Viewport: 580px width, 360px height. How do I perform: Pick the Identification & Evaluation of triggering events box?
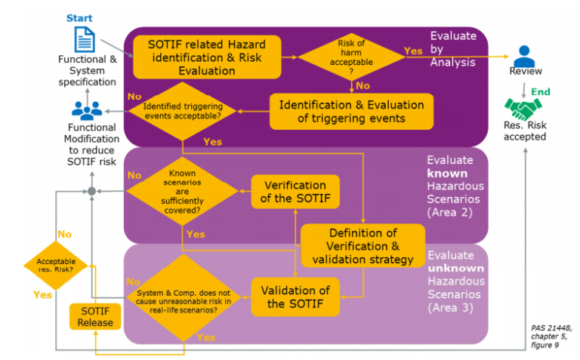tap(352, 111)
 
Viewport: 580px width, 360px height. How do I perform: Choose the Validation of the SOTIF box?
tap(295, 297)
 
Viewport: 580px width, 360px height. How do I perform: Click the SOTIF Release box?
tap(95, 317)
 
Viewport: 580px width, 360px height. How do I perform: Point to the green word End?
tap(541, 92)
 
